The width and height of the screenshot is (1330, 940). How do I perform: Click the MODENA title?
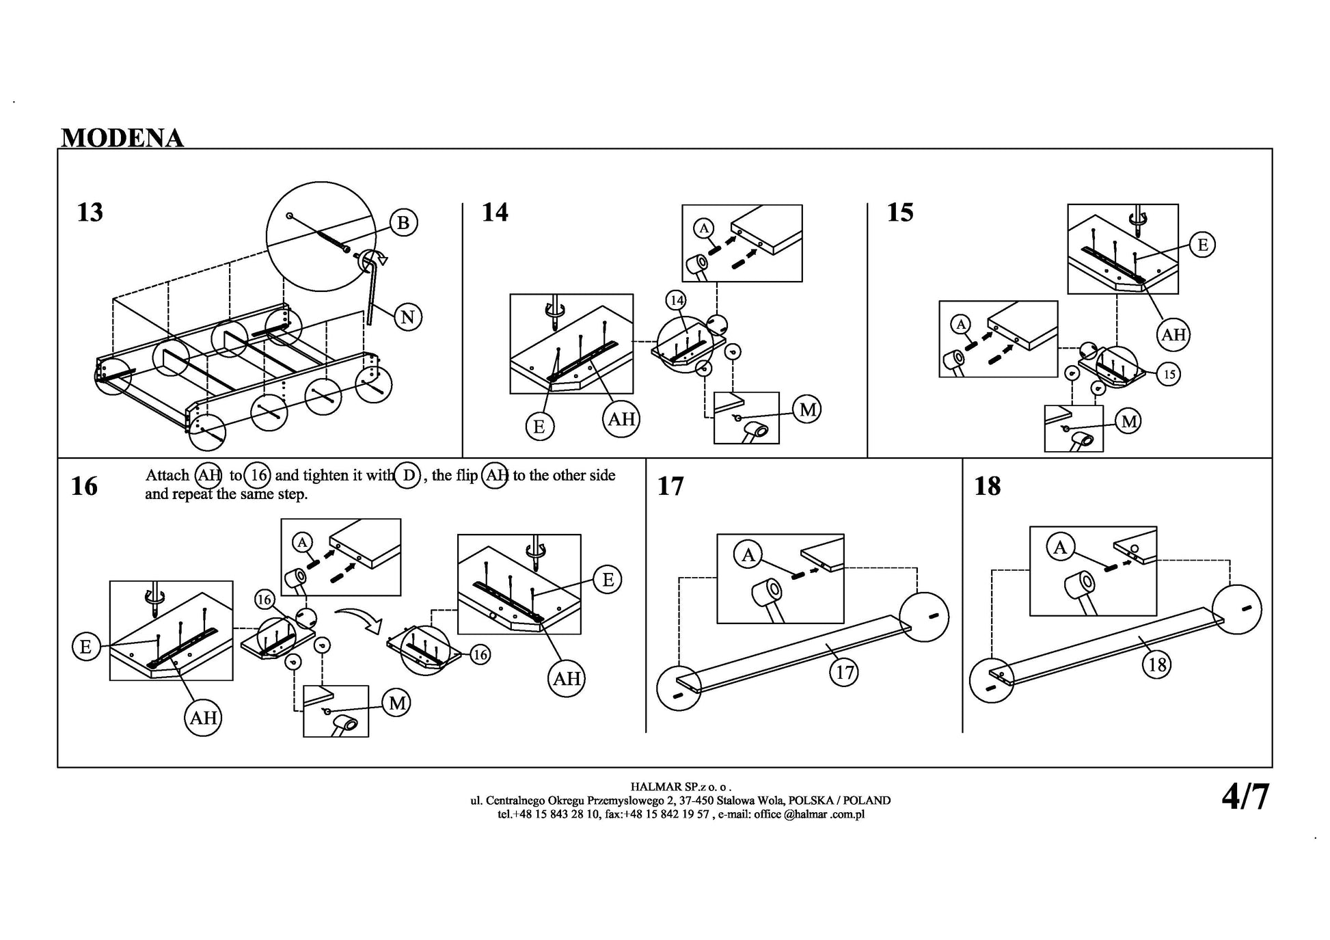click(x=122, y=138)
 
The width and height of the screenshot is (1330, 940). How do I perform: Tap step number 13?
click(x=90, y=213)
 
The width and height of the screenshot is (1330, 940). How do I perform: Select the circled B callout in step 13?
click(x=403, y=223)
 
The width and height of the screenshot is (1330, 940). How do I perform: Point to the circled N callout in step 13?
click(x=407, y=317)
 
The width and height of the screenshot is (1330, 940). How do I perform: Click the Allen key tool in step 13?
click(x=372, y=287)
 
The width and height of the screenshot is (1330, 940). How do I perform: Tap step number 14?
click(x=495, y=213)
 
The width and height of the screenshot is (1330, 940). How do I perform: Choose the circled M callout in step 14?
click(x=807, y=409)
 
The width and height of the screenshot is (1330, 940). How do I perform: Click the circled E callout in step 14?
click(x=539, y=427)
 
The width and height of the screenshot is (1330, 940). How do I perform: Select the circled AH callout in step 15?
click(x=1173, y=334)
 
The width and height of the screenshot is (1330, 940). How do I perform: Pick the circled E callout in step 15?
click(x=1203, y=245)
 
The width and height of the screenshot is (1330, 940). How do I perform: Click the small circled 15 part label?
click(x=1169, y=374)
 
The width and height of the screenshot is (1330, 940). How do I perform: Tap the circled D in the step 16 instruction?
click(x=408, y=475)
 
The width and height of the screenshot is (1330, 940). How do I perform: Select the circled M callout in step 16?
click(x=397, y=703)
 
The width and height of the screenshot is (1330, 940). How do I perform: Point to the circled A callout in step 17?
click(x=748, y=555)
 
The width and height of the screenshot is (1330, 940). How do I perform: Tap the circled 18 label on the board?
click(x=1157, y=664)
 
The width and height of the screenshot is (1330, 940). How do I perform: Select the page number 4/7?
click(x=1245, y=797)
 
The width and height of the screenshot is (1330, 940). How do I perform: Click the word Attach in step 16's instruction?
click(x=167, y=476)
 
